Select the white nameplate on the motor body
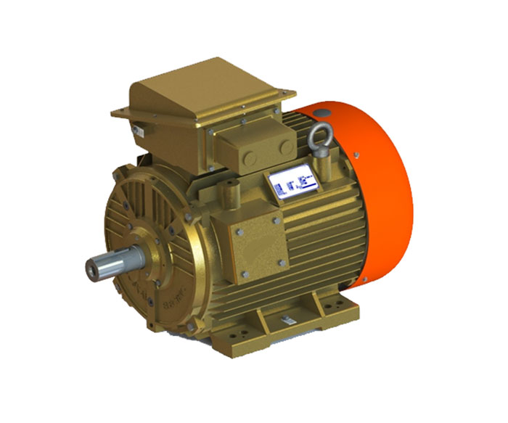292,184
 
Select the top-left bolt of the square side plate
237,231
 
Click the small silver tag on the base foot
286,320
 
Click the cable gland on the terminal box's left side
137,131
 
